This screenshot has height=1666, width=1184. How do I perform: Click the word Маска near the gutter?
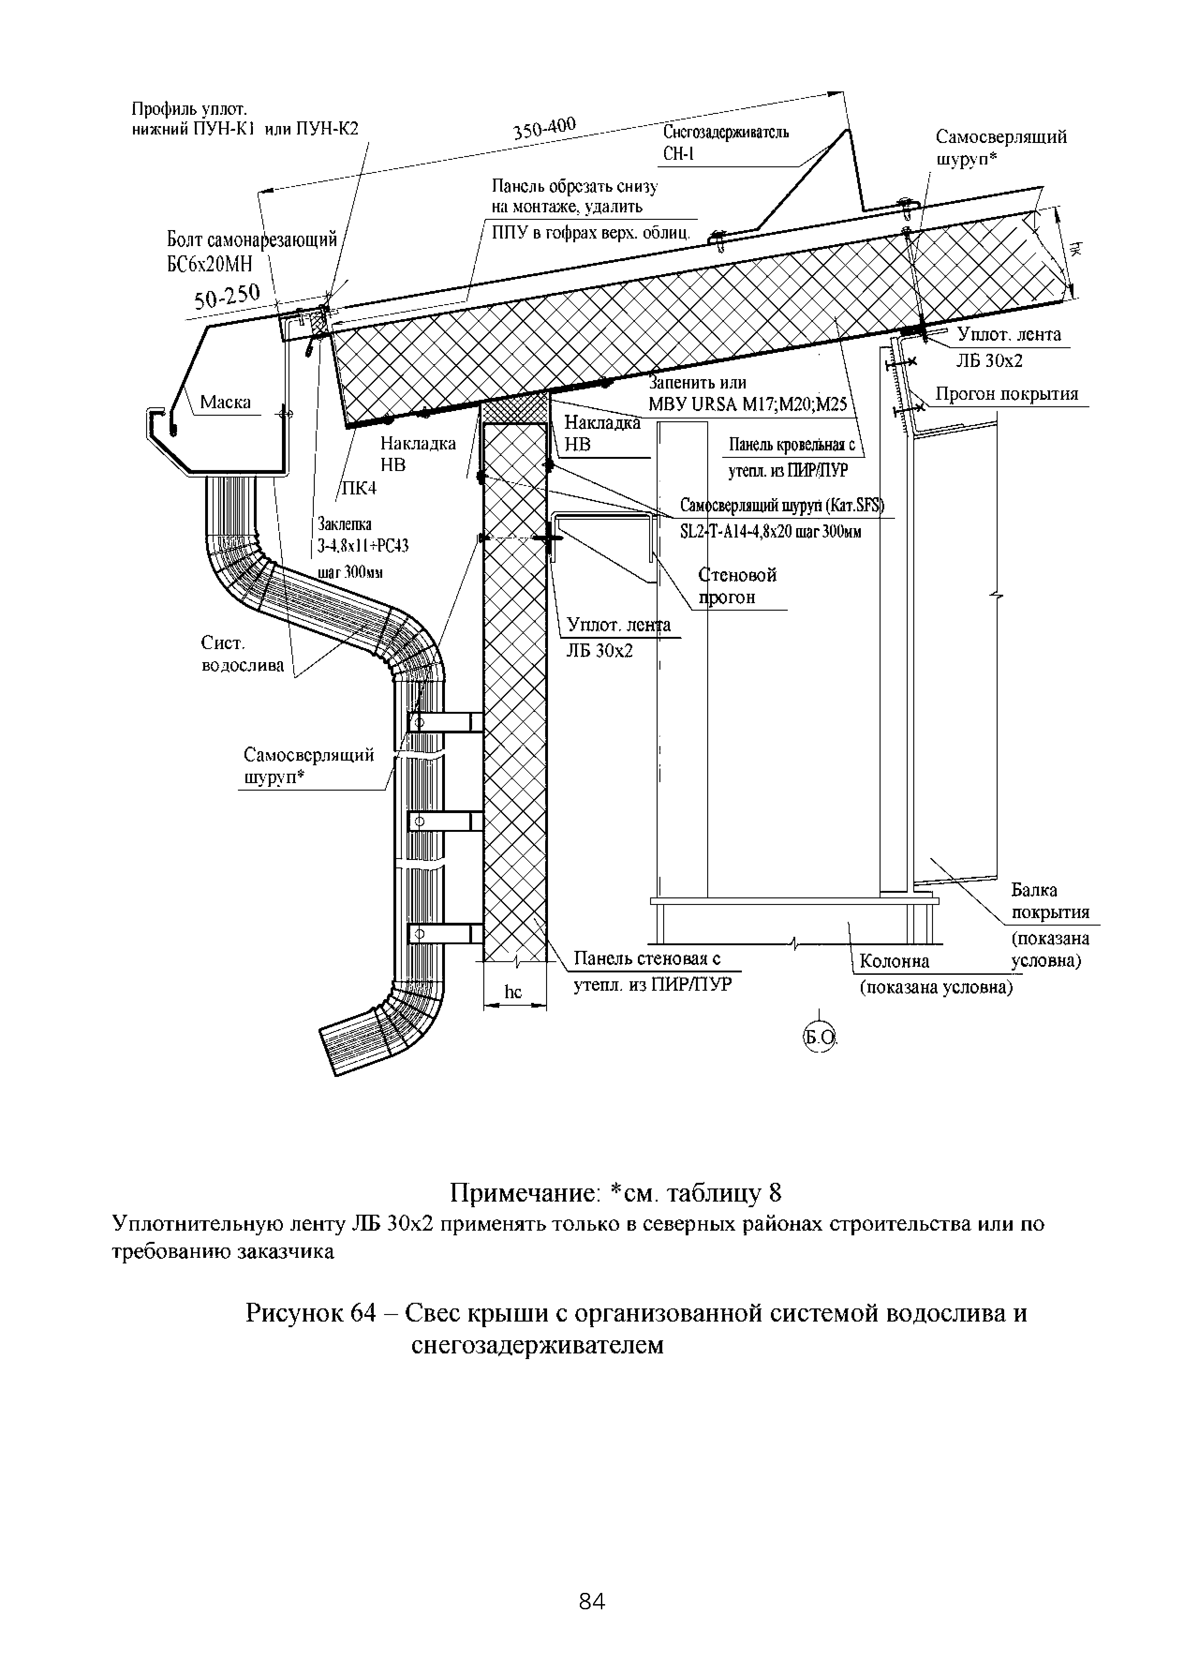[225, 402]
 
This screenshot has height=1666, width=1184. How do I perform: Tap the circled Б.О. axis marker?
[820, 1036]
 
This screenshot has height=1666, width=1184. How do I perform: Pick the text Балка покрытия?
[1050, 901]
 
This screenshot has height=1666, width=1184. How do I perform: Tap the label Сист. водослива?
[242, 654]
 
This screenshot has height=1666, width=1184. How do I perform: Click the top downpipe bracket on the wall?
[445, 722]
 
